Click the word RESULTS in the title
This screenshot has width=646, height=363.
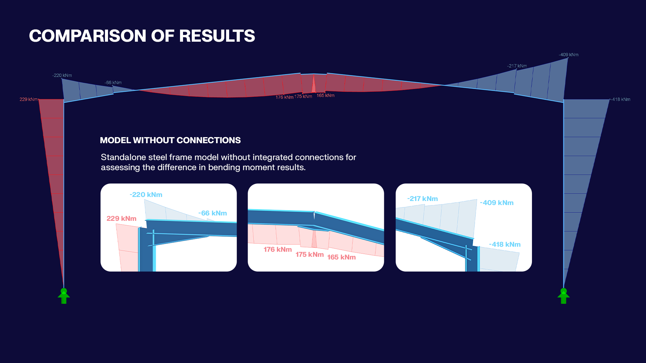[217, 36]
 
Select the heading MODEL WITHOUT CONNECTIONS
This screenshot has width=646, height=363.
[170, 140]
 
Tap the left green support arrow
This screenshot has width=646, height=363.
[64, 296]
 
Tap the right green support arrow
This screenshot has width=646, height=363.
[564, 296]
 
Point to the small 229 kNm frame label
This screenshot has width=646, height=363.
[29, 99]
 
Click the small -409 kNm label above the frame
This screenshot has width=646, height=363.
[569, 55]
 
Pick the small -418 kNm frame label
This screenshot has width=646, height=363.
[621, 99]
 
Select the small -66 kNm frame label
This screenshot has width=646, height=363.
[113, 83]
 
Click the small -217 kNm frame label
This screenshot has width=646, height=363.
[517, 66]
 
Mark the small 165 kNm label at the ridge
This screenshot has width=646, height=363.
[325, 95]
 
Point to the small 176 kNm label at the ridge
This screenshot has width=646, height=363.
[284, 97]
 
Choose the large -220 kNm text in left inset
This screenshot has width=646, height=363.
[146, 195]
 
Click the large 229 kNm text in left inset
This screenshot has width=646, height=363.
[121, 218]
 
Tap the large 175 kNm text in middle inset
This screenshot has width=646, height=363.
[310, 254]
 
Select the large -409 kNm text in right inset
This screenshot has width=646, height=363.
[497, 203]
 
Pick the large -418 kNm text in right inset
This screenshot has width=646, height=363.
[505, 244]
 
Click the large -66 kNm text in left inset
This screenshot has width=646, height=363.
[212, 213]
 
